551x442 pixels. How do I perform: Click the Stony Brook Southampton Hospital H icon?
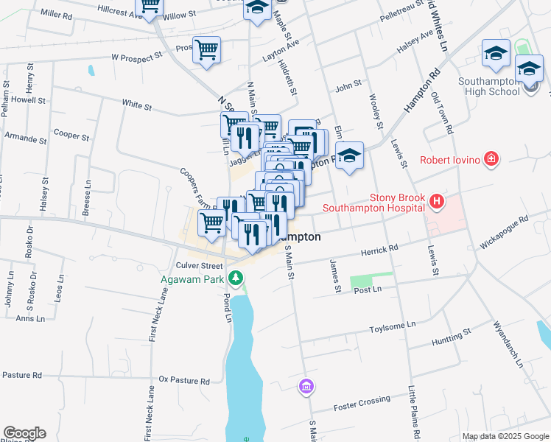point(438,200)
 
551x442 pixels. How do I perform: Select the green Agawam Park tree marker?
point(236,278)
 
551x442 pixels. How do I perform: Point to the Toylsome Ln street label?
point(393,324)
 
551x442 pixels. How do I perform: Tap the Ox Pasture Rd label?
point(184,381)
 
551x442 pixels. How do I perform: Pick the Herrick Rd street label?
point(379,251)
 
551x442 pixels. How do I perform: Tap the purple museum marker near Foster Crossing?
point(306,386)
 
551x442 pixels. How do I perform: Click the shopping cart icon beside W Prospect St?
point(207,51)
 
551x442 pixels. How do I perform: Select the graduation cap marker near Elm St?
point(350,156)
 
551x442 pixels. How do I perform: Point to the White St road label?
point(137,106)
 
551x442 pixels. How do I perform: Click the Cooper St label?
point(71,136)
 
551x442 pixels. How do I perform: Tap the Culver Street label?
point(199,265)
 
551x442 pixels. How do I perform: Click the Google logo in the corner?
point(24,433)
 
